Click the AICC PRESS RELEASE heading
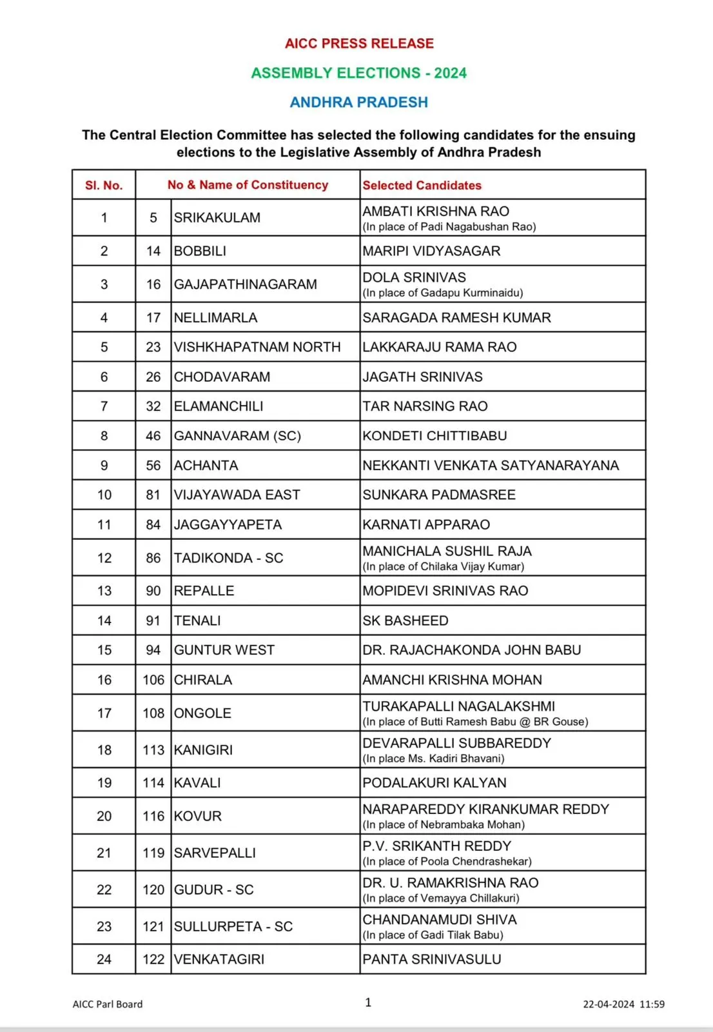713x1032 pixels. pyautogui.click(x=359, y=43)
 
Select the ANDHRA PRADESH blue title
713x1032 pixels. pyautogui.click(x=358, y=102)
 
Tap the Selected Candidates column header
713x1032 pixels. pyautogui.click(x=422, y=185)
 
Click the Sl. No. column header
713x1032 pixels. pyautogui.click(x=104, y=185)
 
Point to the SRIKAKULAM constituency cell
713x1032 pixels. pyautogui.click(x=217, y=218)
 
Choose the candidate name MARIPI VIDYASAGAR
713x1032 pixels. pyautogui.click(x=431, y=251)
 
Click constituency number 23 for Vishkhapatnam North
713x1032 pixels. pyautogui.click(x=153, y=347)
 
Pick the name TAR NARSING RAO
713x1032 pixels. pyautogui.click(x=425, y=406)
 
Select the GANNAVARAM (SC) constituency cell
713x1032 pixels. pyautogui.click(x=237, y=436)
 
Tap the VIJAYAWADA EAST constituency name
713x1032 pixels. pyautogui.click(x=237, y=495)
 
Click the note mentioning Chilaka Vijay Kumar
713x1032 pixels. pyautogui.click(x=444, y=566)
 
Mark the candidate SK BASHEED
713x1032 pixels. pyautogui.click(x=405, y=620)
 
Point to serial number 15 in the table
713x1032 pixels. pyautogui.click(x=104, y=650)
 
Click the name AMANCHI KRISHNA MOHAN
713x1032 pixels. pyautogui.click(x=452, y=680)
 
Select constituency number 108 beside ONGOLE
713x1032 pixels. pyautogui.click(x=153, y=713)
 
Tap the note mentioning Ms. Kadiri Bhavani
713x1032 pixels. pyautogui.click(x=433, y=759)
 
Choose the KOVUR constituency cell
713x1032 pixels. pyautogui.click(x=197, y=817)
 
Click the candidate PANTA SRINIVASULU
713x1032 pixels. pyautogui.click(x=431, y=959)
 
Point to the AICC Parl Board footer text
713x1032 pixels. pyautogui.click(x=108, y=1004)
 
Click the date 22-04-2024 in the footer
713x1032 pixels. pyautogui.click(x=609, y=1004)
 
